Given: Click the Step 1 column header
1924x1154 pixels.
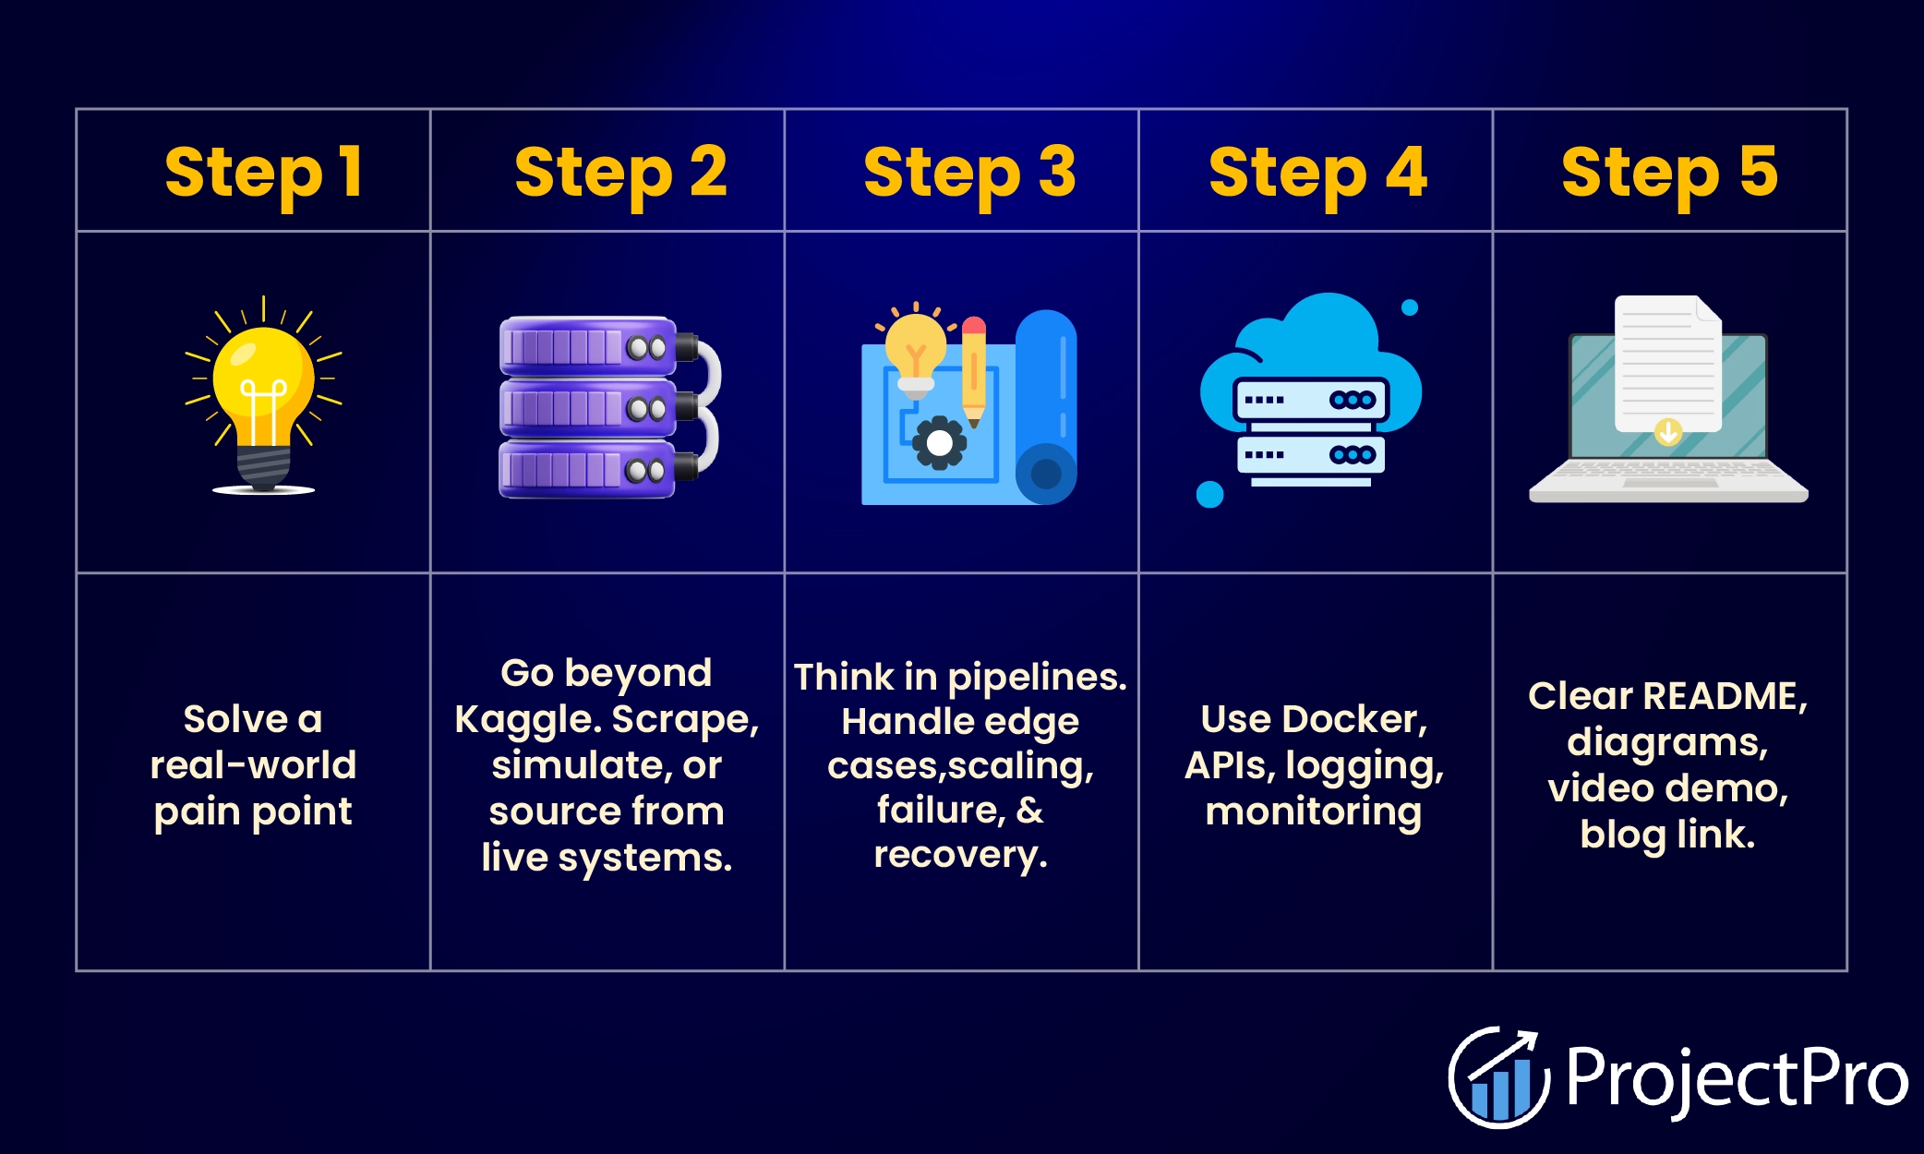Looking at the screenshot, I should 263,173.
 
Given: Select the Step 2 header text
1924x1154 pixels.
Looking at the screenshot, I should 620,173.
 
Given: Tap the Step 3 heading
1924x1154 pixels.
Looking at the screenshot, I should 969,173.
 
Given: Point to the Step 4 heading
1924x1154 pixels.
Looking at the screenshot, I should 1317,173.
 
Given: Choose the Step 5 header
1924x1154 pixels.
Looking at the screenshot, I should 1669,173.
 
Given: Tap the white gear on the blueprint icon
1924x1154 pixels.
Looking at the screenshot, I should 940,444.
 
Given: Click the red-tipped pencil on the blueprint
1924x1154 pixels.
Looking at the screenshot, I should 973,369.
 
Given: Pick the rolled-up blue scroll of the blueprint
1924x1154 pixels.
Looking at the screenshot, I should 1046,406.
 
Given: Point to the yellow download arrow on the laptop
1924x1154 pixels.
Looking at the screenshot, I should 1668,431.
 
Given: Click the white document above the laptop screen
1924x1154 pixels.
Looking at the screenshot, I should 1666,360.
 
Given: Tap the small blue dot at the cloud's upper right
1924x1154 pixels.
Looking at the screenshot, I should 1410,307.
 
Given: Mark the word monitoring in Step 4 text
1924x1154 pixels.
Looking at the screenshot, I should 1314,812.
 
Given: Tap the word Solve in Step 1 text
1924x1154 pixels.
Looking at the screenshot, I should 235,719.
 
